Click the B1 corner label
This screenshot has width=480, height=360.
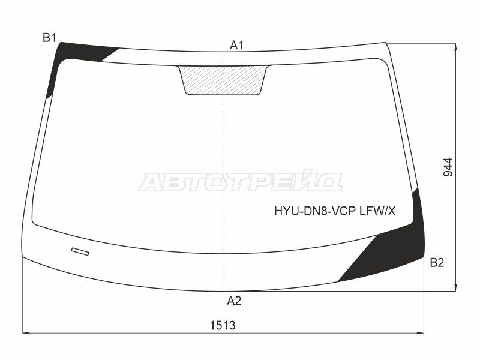pyautogui.click(x=49, y=38)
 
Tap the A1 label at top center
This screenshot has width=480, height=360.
pyautogui.click(x=237, y=45)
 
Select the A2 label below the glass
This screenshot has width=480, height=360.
pyautogui.click(x=234, y=301)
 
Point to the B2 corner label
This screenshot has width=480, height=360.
pyautogui.click(x=437, y=262)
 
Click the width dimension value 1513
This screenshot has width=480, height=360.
pyautogui.click(x=222, y=325)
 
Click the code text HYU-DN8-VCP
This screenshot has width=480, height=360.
pyautogui.click(x=315, y=211)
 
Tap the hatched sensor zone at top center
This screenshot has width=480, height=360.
pyautogui.click(x=223, y=79)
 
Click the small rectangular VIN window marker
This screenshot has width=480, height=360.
pyautogui.click(x=80, y=251)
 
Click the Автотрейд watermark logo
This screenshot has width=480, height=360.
pyautogui.click(x=240, y=181)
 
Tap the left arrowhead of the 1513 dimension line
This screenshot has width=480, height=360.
pyautogui.click(x=25, y=333)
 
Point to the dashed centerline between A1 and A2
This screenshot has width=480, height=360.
pyautogui.click(x=223, y=150)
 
